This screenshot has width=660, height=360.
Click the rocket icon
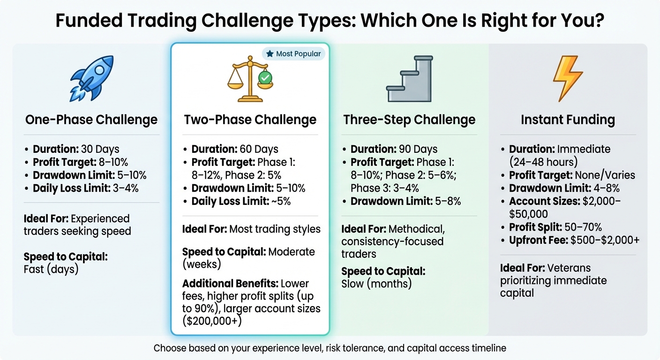[91, 79]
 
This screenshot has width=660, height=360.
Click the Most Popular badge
[293, 54]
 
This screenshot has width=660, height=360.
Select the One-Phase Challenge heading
[91, 120]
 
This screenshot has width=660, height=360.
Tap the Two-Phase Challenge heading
[250, 120]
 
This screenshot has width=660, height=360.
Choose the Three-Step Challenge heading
[409, 120]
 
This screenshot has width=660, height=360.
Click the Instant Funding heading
[568, 120]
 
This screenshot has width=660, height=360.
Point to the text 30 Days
[100, 150]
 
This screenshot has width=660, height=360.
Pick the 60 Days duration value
[259, 150]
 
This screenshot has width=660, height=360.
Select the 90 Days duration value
[418, 150]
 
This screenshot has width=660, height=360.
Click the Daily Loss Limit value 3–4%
[125, 188]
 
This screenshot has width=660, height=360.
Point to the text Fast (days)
[51, 270]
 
